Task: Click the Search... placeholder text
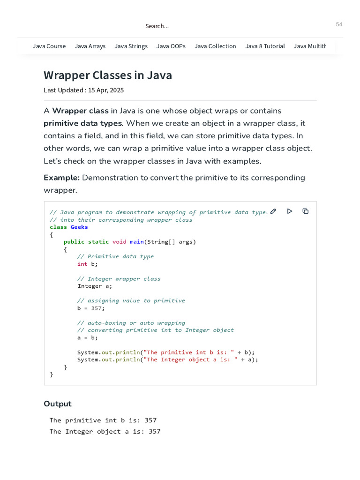[157, 26]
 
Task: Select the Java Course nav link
[49, 46]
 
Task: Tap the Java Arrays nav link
[90, 46]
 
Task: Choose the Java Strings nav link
[131, 46]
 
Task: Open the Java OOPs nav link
[171, 46]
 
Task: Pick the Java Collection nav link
[215, 46]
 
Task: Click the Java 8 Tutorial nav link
[265, 46]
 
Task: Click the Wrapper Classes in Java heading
[108, 75]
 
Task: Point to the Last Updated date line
[83, 90]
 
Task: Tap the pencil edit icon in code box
[273, 211]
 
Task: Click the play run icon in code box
[290, 211]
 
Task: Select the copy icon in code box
[306, 211]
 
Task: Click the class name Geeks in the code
[79, 227]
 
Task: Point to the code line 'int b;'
[88, 264]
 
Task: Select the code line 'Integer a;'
[95, 286]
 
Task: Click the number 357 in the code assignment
[97, 308]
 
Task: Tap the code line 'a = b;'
[88, 337]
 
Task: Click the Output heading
[58, 404]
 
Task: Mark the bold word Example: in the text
[61, 178]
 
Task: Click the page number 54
[339, 24]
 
